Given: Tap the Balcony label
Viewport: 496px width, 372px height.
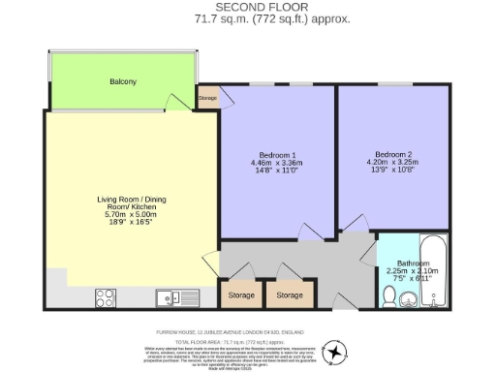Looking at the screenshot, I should [x=122, y=81].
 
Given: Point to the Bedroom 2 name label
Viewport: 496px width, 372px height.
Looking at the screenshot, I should [x=393, y=153].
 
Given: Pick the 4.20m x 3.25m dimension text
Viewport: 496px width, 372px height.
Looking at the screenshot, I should [x=393, y=162].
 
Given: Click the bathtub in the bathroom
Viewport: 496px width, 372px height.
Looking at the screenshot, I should [x=433, y=270].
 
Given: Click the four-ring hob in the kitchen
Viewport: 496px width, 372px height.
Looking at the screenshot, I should [x=107, y=297].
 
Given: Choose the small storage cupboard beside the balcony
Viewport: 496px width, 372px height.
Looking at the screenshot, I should [x=208, y=98].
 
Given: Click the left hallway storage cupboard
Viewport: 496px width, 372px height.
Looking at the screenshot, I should [x=242, y=294].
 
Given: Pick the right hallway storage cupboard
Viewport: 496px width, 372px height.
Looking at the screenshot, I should [x=289, y=294].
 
